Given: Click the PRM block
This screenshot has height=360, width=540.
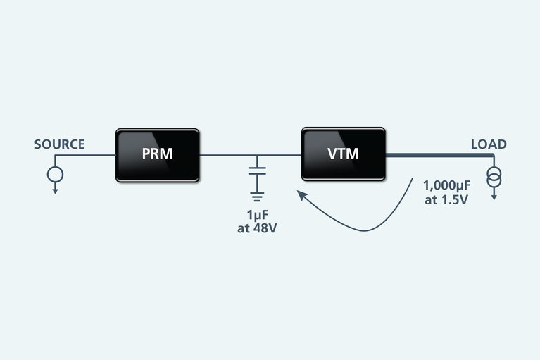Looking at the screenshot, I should click(157, 155).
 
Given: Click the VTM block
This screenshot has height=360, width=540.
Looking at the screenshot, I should click(343, 154).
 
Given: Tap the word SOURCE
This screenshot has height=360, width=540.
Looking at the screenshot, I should click(60, 144).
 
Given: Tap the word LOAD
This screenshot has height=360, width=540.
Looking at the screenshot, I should click(488, 144).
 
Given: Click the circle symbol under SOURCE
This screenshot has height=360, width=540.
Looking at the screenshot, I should click(56, 173).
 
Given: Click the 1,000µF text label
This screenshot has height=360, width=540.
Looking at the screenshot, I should click(446, 186).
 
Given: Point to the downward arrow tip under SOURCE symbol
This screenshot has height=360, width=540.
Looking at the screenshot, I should click(56, 191).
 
